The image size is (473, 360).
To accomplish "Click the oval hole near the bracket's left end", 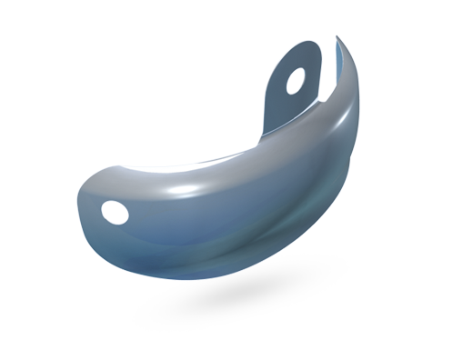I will point(116,212).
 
